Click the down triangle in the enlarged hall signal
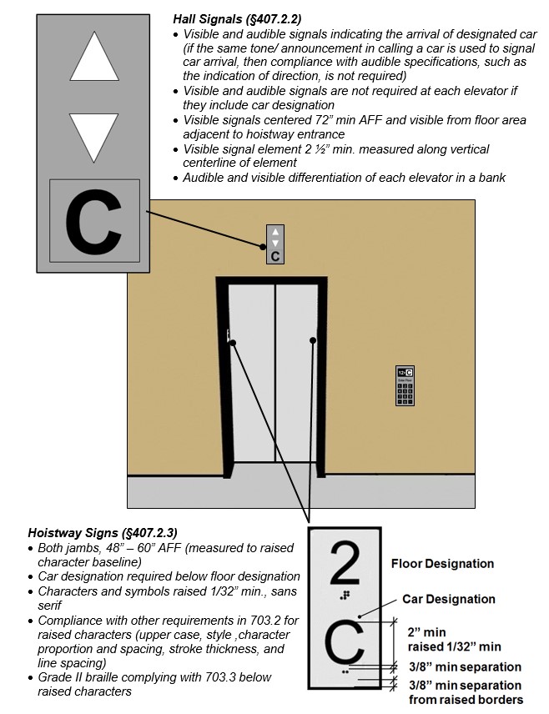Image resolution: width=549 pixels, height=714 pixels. pyautogui.click(x=93, y=137)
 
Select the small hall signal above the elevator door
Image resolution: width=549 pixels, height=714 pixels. pyautogui.click(x=275, y=244)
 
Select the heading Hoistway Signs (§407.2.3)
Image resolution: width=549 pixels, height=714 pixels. pyautogui.click(x=103, y=532)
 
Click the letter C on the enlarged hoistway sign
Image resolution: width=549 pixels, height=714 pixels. pyautogui.click(x=345, y=641)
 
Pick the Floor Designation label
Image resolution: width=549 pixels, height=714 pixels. pyautogui.click(x=442, y=564)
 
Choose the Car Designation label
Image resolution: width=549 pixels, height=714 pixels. pyautogui.click(x=449, y=599)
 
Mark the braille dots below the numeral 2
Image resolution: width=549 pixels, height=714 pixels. pyautogui.click(x=345, y=596)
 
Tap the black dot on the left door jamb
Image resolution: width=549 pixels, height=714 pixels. pyautogui.click(x=232, y=343)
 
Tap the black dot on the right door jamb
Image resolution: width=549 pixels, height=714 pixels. pyautogui.click(x=314, y=340)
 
